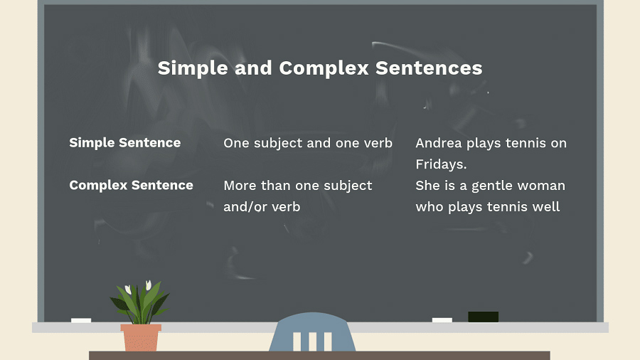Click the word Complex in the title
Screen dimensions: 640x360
pyautogui.click(x=324, y=68)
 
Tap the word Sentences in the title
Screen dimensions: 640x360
pyautogui.click(x=429, y=68)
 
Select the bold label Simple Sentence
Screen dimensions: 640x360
pyautogui.click(x=125, y=143)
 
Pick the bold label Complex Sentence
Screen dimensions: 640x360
pyautogui.click(x=131, y=185)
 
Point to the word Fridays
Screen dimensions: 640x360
pyautogui.click(x=441, y=164)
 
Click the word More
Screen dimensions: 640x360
pyautogui.click(x=240, y=186)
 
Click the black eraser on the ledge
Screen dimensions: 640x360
pyautogui.click(x=484, y=317)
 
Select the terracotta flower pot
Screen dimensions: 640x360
pyautogui.click(x=140, y=337)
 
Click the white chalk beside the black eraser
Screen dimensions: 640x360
pyautogui.click(x=442, y=320)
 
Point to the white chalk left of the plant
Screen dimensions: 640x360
pyautogui.click(x=81, y=320)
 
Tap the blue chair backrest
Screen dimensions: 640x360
pyautogui.click(x=312, y=332)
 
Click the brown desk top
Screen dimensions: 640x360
pyautogui.click(x=319, y=356)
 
